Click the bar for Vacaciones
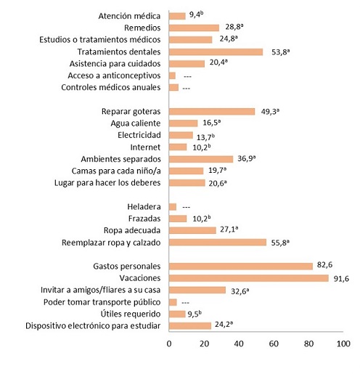coord(248,278)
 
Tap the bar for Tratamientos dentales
coord(216,52)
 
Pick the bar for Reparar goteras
coord(212,111)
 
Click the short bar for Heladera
coord(173,207)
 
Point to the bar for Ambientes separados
coord(201,158)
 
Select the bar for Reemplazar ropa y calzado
coord(218,243)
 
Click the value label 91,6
coord(343,278)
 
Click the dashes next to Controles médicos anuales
coord(187,88)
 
